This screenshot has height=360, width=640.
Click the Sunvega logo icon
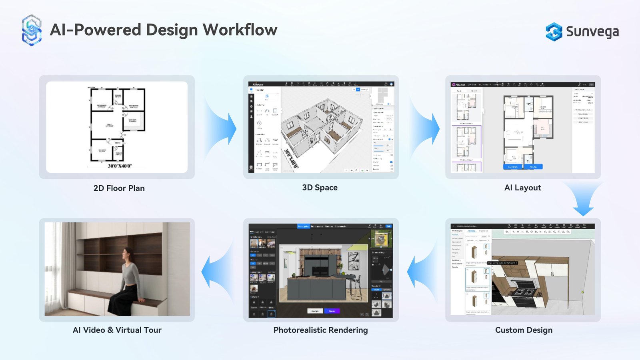[x=554, y=32]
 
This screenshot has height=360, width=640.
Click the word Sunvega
[x=592, y=32]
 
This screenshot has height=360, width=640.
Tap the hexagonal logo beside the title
[x=32, y=30]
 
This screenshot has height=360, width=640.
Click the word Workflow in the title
[x=240, y=30]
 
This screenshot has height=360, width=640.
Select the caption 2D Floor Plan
[x=119, y=188]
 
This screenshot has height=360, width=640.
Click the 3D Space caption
[x=320, y=188]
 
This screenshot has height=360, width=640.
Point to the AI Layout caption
[x=522, y=188]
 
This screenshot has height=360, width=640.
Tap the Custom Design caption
[x=524, y=330]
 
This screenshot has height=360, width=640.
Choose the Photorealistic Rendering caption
[x=320, y=330]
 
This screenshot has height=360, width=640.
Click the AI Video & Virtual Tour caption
[x=117, y=330]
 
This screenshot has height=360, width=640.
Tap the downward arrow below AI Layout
[x=583, y=200]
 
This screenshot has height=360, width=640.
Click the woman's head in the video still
[x=128, y=254]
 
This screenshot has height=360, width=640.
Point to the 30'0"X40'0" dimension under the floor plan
[x=120, y=166]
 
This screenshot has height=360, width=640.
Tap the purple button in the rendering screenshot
[x=332, y=311]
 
